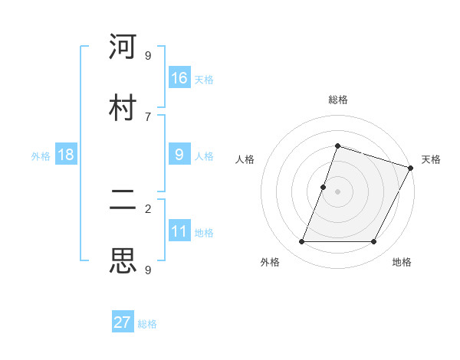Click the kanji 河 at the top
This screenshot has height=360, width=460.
click(123, 47)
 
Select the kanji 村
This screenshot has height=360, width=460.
click(123, 108)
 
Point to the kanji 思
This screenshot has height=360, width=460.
click(123, 261)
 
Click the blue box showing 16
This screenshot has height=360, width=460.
click(179, 77)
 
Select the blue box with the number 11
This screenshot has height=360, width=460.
click(179, 231)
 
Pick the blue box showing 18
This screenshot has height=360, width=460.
click(66, 155)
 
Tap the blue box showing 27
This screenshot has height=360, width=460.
click(123, 322)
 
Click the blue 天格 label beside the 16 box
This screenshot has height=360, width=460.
click(204, 79)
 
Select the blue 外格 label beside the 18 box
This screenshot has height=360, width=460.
click(41, 155)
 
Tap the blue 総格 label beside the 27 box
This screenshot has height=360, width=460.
click(147, 324)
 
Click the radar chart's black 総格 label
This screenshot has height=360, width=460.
click(337, 100)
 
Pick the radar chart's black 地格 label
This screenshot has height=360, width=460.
click(402, 262)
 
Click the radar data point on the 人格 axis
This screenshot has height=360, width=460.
click(324, 187)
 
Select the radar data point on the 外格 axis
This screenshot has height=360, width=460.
click(301, 242)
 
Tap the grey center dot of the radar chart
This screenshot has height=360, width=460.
click(337, 191)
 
